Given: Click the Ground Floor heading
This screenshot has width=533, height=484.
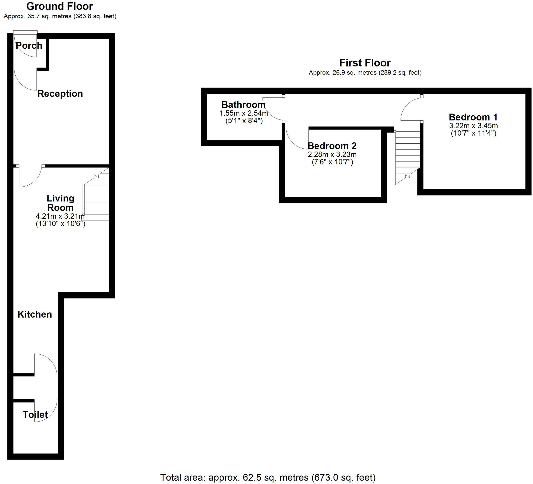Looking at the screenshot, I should coord(59,6).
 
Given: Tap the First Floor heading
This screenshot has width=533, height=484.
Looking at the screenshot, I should coord(365,63).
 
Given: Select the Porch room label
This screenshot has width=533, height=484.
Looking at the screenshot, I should coord(29,46).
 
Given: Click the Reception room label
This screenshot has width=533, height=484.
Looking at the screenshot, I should coord(60,94).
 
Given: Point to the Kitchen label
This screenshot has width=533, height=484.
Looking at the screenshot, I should coord(35,314).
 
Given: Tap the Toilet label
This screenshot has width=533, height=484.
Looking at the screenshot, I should coord(35,415).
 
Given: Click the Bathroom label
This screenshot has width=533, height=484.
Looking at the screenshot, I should coord(243,105).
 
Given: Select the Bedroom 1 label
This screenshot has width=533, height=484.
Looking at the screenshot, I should coord(473,117).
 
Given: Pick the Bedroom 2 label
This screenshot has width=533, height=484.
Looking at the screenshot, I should coord(332,146).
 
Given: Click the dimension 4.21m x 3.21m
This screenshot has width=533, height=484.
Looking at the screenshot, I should coord(60,217).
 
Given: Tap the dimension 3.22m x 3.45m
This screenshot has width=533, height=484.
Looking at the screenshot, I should coord(473,126).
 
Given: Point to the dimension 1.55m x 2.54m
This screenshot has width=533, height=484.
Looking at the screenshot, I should coord(243,113).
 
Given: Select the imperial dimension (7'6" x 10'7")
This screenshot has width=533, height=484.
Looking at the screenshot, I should coord(332,162).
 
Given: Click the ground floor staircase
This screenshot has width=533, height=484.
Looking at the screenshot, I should coord(97,198).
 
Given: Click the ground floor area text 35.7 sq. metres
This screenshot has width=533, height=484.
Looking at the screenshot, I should coord(60,16).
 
